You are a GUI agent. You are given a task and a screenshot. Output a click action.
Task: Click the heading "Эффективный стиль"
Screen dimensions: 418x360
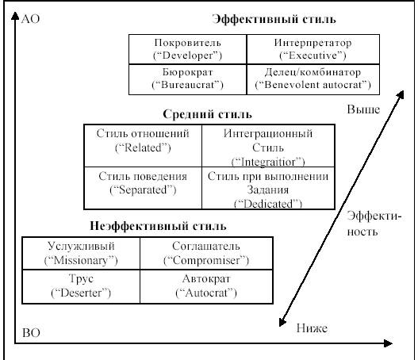(x=274, y=20)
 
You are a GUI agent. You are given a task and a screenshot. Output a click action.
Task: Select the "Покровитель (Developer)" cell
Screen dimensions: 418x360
(x=188, y=49)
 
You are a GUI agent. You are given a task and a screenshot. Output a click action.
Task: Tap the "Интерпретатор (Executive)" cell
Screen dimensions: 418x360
(x=313, y=49)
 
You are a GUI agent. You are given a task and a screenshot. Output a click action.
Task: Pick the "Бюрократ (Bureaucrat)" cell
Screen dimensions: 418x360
(x=188, y=79)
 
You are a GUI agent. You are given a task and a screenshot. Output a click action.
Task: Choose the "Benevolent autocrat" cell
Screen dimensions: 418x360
(x=313, y=79)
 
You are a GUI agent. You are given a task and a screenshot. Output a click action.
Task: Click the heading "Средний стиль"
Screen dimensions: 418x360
(x=207, y=114)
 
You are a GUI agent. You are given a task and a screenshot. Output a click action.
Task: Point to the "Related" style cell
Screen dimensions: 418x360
(x=143, y=146)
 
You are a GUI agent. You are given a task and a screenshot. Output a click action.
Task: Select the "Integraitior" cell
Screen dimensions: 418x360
(x=268, y=146)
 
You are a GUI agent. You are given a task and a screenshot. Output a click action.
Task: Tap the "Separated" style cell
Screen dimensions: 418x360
(x=143, y=188)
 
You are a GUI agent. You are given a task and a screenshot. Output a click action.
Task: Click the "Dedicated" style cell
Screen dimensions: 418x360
(x=268, y=188)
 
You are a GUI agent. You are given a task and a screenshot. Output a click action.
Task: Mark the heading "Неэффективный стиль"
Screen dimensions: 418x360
(x=158, y=226)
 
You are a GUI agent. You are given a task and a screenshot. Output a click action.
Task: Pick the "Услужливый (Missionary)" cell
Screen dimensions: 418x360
(x=81, y=253)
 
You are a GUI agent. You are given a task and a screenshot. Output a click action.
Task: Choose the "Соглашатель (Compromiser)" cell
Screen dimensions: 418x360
(x=206, y=253)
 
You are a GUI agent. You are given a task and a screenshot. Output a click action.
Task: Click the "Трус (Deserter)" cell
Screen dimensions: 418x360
(x=81, y=286)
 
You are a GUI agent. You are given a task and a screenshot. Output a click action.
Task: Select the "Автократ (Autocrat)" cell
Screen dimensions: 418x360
(x=206, y=286)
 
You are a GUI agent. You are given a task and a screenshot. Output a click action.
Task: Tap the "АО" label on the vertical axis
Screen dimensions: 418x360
(x=30, y=19)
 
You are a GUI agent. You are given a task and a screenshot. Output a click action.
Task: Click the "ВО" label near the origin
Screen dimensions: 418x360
(x=31, y=333)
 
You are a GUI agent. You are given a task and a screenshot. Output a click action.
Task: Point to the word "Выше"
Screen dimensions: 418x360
(x=363, y=109)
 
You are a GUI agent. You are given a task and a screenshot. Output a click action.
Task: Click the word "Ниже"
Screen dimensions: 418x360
(x=312, y=328)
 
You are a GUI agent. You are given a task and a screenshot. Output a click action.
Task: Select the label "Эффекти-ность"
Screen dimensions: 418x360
(x=374, y=224)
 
